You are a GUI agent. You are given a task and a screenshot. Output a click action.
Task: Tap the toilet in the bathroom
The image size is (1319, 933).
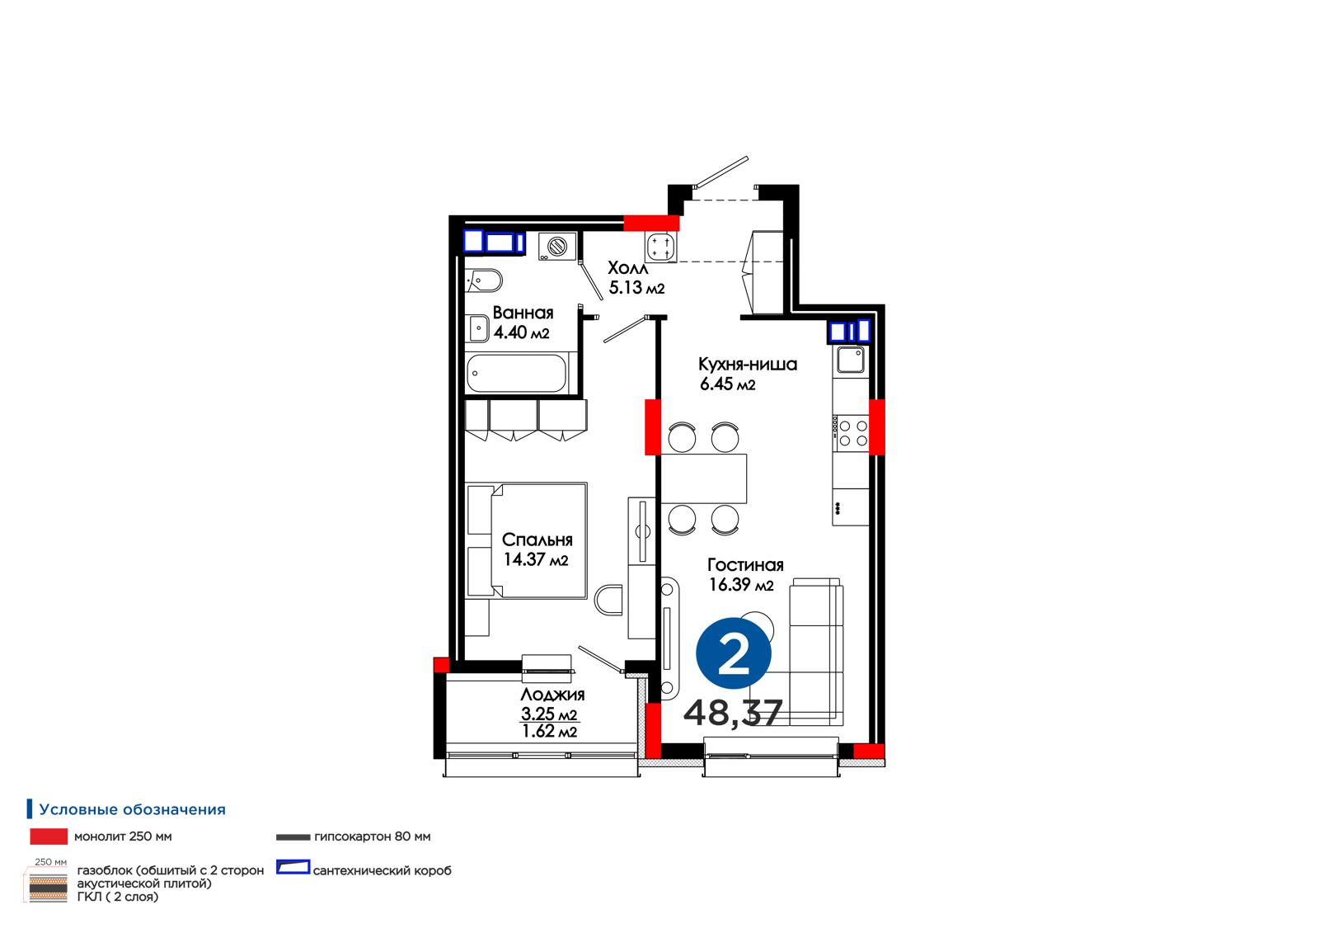483,280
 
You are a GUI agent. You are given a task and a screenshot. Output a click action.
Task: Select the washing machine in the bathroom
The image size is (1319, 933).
556,247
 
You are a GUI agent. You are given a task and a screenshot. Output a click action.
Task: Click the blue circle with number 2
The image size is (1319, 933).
733,653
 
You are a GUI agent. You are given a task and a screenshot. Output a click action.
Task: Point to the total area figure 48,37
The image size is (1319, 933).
733,713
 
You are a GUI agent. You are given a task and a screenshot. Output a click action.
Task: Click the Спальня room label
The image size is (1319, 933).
537,540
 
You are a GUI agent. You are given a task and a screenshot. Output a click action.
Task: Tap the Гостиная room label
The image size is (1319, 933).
745,565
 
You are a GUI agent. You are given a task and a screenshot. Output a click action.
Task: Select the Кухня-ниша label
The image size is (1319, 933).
748,365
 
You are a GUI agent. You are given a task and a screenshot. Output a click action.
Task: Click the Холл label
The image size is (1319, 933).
627,268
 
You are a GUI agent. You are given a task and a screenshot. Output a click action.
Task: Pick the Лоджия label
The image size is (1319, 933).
552,695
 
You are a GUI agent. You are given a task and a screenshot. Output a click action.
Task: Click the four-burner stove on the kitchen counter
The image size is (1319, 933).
851,433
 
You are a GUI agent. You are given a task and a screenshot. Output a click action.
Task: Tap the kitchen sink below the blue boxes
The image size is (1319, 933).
851,360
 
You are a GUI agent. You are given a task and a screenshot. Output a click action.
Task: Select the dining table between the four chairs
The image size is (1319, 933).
704,478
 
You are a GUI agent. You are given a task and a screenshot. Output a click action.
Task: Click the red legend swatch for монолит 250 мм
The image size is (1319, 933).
49,836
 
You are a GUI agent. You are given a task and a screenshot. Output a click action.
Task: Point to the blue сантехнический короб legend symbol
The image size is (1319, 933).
293,867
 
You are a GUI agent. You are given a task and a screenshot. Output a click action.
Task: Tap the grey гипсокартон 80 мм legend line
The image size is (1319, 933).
293,837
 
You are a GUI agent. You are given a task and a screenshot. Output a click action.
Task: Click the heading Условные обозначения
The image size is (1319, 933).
133,809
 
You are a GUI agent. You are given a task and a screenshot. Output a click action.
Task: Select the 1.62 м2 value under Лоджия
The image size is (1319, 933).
549,732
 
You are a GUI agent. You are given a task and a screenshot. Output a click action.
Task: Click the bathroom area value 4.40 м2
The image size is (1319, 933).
521,332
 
